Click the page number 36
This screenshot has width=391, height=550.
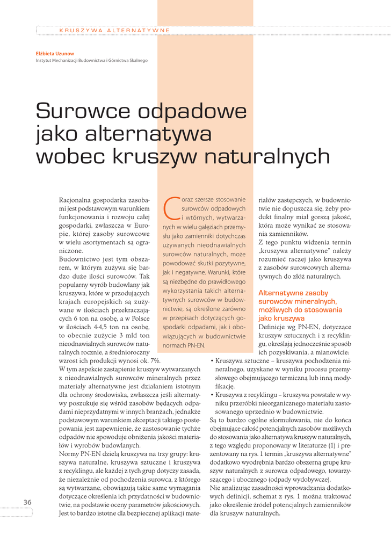(27, 502)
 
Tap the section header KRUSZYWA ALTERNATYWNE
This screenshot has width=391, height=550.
(114, 31)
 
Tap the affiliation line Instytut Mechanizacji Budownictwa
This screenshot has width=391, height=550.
(91, 61)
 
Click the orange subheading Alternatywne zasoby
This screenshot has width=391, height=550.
(293, 293)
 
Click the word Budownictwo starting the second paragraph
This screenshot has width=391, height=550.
(81, 259)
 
